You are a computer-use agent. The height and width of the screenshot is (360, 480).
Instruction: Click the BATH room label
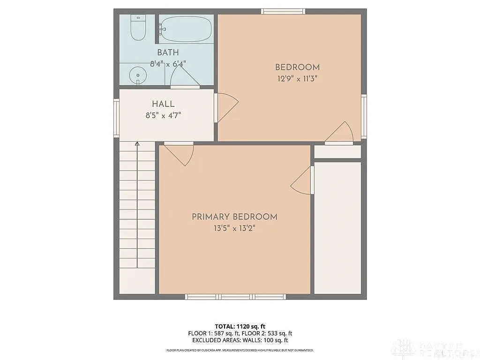(168, 52)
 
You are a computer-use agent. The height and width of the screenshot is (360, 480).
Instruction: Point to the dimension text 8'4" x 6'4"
(168, 63)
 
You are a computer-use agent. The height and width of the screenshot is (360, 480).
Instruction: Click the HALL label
(163, 104)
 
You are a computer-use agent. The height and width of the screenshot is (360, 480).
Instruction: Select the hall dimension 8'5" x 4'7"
(163, 115)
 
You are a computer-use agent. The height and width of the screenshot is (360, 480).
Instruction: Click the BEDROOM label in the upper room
(297, 67)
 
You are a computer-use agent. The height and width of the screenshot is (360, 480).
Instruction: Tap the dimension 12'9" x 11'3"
(297, 79)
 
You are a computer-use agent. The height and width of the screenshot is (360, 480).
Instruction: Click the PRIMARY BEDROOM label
(234, 217)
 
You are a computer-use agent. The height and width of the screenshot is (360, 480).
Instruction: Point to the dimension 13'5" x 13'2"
(234, 228)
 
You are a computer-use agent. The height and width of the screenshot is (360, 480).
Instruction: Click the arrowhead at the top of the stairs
(137, 144)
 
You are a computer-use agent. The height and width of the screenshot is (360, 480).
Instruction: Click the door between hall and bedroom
(226, 106)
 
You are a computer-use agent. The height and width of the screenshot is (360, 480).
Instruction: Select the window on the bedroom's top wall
(283, 11)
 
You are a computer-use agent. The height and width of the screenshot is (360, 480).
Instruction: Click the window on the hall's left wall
(116, 118)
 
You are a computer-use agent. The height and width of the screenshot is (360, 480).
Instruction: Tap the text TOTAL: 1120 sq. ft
(240, 326)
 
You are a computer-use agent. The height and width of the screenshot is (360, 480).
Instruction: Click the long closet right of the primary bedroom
(337, 228)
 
